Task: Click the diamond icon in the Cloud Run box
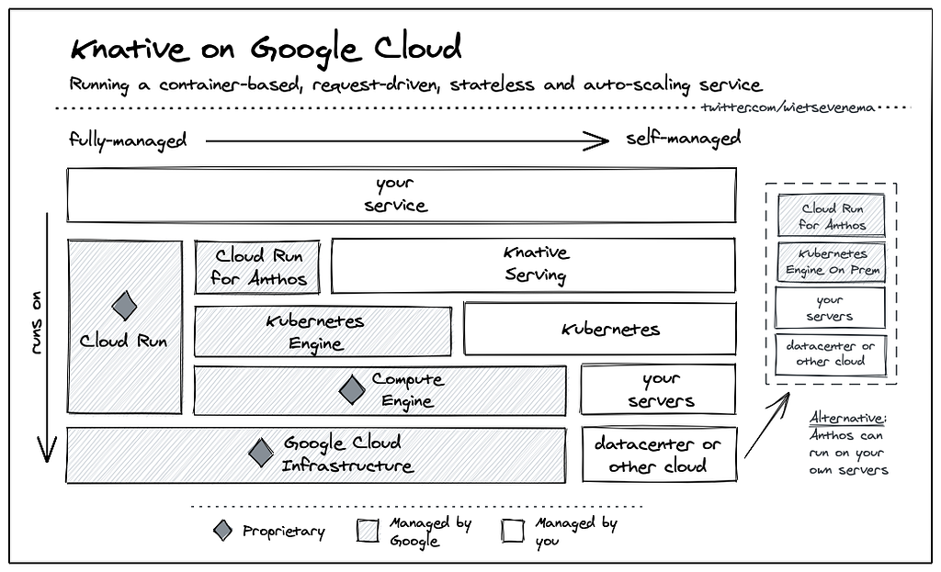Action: [x=124, y=306]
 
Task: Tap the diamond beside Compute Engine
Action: [x=352, y=389]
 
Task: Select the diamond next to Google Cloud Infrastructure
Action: [x=260, y=452]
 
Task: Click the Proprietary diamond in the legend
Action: [x=222, y=530]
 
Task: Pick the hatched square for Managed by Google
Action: [x=368, y=531]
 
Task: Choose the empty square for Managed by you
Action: [x=513, y=531]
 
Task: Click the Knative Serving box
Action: [x=533, y=265]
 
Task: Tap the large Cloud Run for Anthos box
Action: [x=257, y=267]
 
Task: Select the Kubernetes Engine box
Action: [x=323, y=331]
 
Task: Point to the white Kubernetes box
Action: [x=599, y=329]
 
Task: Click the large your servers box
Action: [x=658, y=389]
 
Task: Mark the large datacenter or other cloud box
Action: [x=659, y=454]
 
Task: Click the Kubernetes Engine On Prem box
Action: [x=831, y=262]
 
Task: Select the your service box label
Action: [x=395, y=195]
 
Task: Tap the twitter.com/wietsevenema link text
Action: [x=788, y=108]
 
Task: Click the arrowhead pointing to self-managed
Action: [x=597, y=141]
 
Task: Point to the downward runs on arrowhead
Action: [x=47, y=450]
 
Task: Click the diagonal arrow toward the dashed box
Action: [x=767, y=425]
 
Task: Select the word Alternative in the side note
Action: [x=847, y=418]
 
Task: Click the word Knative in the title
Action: [x=129, y=48]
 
